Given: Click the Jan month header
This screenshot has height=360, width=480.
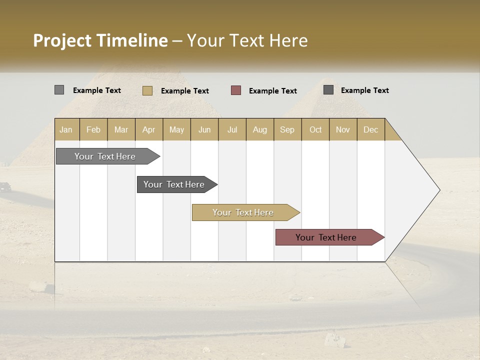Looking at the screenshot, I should pos(66,129).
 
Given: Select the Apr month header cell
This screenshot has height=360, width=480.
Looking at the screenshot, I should pos(149,129).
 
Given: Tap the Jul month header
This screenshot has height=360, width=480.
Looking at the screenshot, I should pos(232,129).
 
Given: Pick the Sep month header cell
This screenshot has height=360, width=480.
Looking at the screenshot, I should pos(287,129).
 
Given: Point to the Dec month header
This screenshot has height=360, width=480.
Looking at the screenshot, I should pos(370,129).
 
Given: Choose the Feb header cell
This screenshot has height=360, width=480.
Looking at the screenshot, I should pos(93,129).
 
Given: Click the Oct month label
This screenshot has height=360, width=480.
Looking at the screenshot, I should pos(315,129).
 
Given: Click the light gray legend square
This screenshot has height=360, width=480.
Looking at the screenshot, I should pos(59,90).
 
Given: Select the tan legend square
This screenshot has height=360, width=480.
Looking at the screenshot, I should pos(147,90).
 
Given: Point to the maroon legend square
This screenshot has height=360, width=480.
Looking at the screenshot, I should pos(236,90).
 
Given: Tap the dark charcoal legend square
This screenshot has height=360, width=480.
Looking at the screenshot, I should pos(328,90).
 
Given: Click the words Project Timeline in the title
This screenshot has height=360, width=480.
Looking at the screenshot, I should pos(100,40).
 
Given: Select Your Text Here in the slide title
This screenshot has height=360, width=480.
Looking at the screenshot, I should pos(247,40).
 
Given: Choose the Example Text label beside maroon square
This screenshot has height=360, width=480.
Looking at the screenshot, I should pos(273,91).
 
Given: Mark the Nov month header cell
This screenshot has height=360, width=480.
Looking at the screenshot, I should pos(343,129).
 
